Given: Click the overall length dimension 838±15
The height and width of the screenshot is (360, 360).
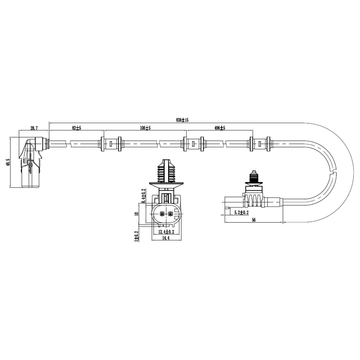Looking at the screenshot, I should coord(182,120).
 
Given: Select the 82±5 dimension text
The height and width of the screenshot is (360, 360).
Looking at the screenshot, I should coord(76,128).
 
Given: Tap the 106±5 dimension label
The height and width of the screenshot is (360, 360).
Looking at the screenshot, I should coord(145,128).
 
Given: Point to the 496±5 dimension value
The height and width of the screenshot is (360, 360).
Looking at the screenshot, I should coord(220,128).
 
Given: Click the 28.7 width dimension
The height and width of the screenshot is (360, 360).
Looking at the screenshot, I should coord(34,128).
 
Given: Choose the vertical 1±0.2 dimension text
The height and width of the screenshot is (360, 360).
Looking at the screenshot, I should coord(137,236).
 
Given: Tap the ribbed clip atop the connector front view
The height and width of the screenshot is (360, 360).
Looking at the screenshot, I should coord(165,171).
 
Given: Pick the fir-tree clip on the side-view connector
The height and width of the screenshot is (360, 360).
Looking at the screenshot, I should coord(254,179).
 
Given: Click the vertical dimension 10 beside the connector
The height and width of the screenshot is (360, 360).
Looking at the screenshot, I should coord(137,214).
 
